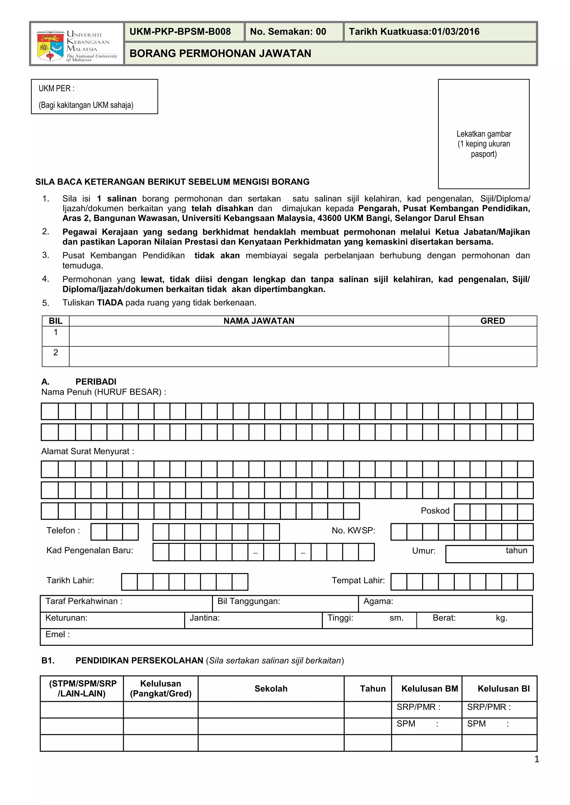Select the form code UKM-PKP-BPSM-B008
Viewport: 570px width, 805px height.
tap(180, 32)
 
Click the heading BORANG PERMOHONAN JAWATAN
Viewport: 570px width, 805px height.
tap(220, 53)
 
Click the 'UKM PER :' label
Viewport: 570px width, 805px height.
tap(56, 88)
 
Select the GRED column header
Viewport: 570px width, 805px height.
tap(492, 321)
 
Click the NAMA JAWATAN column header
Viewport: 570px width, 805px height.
tap(259, 321)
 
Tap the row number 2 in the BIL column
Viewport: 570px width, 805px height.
tap(55, 352)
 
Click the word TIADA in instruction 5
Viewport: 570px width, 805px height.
tap(110, 302)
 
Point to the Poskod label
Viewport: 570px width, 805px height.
tap(435, 511)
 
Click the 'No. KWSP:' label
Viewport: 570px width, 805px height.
tap(353, 530)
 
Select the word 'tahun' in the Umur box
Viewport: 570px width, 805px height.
tap(516, 550)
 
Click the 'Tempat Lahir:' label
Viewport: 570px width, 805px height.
tap(358, 580)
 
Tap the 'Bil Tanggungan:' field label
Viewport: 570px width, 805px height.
tap(249, 601)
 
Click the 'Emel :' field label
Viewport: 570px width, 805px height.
tap(58, 634)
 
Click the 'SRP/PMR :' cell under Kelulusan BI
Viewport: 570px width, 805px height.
tap(488, 707)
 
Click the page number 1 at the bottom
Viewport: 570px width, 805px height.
tap(536, 759)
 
